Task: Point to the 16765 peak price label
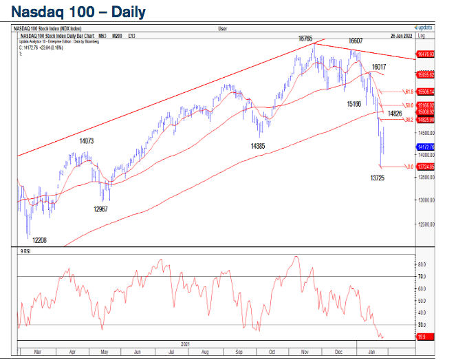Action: coord(306,39)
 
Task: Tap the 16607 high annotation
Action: coord(356,41)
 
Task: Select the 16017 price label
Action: coord(379,67)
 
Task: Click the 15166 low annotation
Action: coord(354,103)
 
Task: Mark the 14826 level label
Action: coord(395,112)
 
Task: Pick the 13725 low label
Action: coord(378,178)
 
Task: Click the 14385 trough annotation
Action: coord(258,145)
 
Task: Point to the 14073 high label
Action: coord(87,140)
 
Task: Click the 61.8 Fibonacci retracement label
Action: coord(408,92)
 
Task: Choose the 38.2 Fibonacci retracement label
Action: coord(408,120)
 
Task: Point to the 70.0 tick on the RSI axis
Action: coord(422,276)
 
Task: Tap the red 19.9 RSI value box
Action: coord(423,337)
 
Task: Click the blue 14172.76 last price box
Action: coord(425,147)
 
